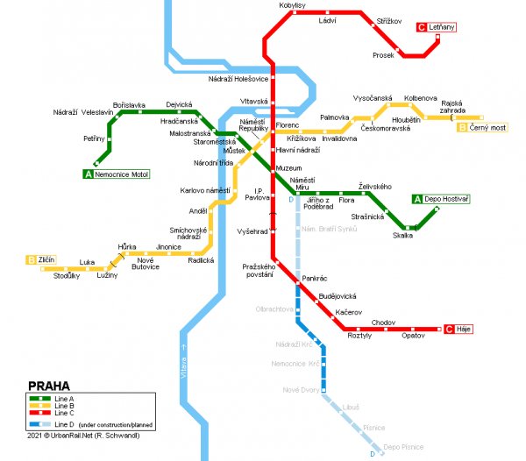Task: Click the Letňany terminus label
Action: (442, 27)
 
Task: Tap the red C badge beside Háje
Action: (449, 329)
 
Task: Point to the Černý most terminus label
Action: (487, 127)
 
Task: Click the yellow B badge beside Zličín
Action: (31, 259)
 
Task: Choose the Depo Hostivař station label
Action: (451, 199)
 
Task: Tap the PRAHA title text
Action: (49, 386)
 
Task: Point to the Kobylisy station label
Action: (292, 5)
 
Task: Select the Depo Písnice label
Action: (404, 447)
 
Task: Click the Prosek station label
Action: (383, 55)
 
